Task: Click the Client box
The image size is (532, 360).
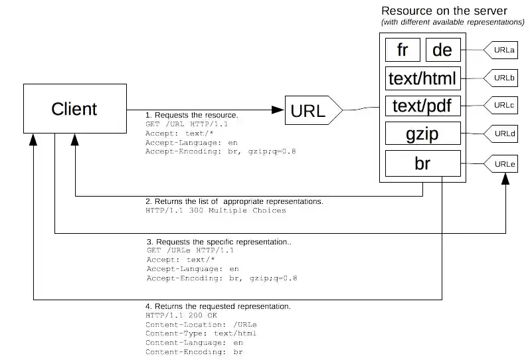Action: click(x=74, y=109)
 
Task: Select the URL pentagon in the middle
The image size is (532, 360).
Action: click(x=312, y=111)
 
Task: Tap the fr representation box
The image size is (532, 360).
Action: click(x=402, y=50)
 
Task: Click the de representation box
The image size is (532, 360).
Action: click(x=442, y=50)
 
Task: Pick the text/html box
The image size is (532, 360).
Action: click(x=422, y=79)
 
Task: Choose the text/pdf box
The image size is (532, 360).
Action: click(x=422, y=106)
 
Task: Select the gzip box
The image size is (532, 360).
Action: click(x=422, y=135)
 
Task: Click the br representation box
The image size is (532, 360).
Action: click(x=422, y=163)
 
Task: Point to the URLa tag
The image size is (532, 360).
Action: click(x=502, y=50)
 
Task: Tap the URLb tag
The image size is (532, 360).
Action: click(x=502, y=78)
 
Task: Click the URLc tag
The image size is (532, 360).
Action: click(x=502, y=106)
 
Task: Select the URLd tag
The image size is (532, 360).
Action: click(x=502, y=134)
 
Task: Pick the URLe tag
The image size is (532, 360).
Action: click(x=502, y=163)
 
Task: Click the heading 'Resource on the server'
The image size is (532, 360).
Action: click(x=444, y=11)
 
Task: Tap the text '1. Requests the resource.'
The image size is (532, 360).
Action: click(x=192, y=115)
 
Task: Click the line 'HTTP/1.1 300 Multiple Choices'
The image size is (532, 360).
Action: click(x=215, y=211)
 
